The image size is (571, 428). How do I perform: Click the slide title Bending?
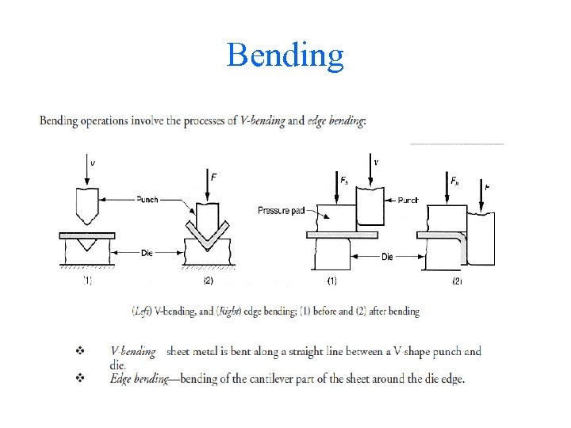pos(285,55)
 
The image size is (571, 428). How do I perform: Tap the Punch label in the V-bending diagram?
pos(148,199)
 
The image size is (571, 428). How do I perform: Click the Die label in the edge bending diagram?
pos(387,257)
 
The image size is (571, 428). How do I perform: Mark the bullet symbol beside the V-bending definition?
pos(79,350)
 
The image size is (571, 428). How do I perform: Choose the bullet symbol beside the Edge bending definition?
pos(79,378)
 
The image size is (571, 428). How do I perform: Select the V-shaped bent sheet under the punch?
pos(209,229)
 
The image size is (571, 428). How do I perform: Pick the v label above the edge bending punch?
pos(375,162)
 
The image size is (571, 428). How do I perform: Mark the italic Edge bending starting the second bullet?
pos(139,378)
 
